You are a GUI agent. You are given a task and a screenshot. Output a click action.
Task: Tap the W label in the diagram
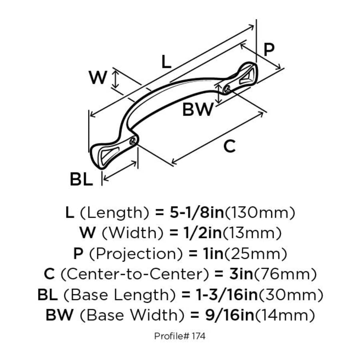tap(98, 78)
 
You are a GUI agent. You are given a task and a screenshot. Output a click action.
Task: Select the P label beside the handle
tap(270, 50)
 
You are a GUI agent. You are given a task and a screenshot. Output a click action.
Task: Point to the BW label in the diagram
tap(198, 109)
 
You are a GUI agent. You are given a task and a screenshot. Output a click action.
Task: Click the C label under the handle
tap(229, 147)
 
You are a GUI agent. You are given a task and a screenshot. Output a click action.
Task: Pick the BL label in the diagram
tap(81, 180)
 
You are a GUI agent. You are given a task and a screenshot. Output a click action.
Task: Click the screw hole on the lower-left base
tap(134, 140)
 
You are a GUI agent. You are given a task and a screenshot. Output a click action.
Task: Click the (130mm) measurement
tap(260, 212)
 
